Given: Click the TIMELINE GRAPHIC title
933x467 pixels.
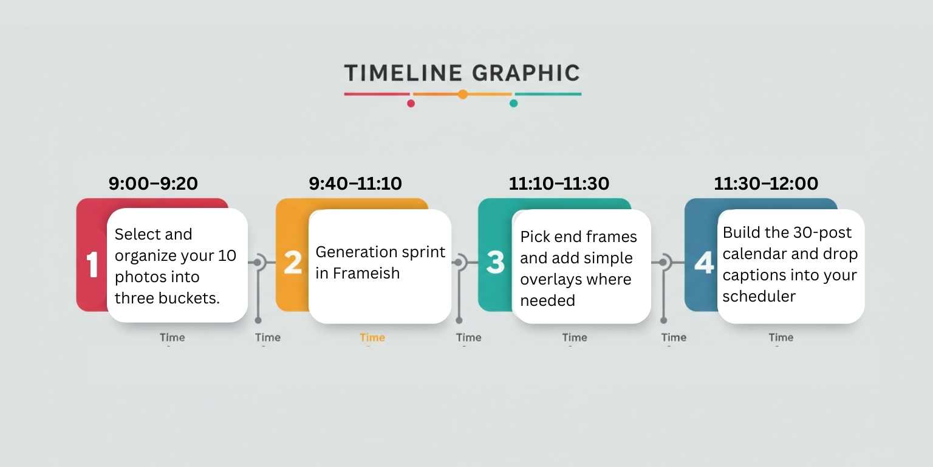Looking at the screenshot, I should pyautogui.click(x=462, y=73).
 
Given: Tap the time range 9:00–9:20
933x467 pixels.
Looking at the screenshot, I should pyautogui.click(x=153, y=184).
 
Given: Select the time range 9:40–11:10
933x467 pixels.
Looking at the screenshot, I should pyautogui.click(x=355, y=184).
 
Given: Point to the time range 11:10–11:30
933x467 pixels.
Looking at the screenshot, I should pyautogui.click(x=559, y=184).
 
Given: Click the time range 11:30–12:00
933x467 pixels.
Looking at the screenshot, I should pyautogui.click(x=766, y=184).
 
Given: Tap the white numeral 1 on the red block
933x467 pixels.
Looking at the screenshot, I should pyautogui.click(x=92, y=265).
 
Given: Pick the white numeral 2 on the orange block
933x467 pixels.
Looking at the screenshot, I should pyautogui.click(x=293, y=263).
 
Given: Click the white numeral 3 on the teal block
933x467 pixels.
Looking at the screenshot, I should pyautogui.click(x=496, y=263).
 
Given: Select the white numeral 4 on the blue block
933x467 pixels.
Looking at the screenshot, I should pyautogui.click(x=703, y=263).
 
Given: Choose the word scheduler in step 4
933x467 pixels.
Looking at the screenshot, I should pyautogui.click(x=759, y=297).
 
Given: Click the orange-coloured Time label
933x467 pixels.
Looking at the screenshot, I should pyautogui.click(x=372, y=337).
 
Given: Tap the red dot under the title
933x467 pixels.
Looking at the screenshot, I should pyautogui.click(x=411, y=103).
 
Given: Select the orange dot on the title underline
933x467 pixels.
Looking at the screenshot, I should pyautogui.click(x=463, y=94).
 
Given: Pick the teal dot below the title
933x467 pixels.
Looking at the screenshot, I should pyautogui.click(x=513, y=103).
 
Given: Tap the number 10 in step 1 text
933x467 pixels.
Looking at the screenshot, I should pyautogui.click(x=227, y=256).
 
